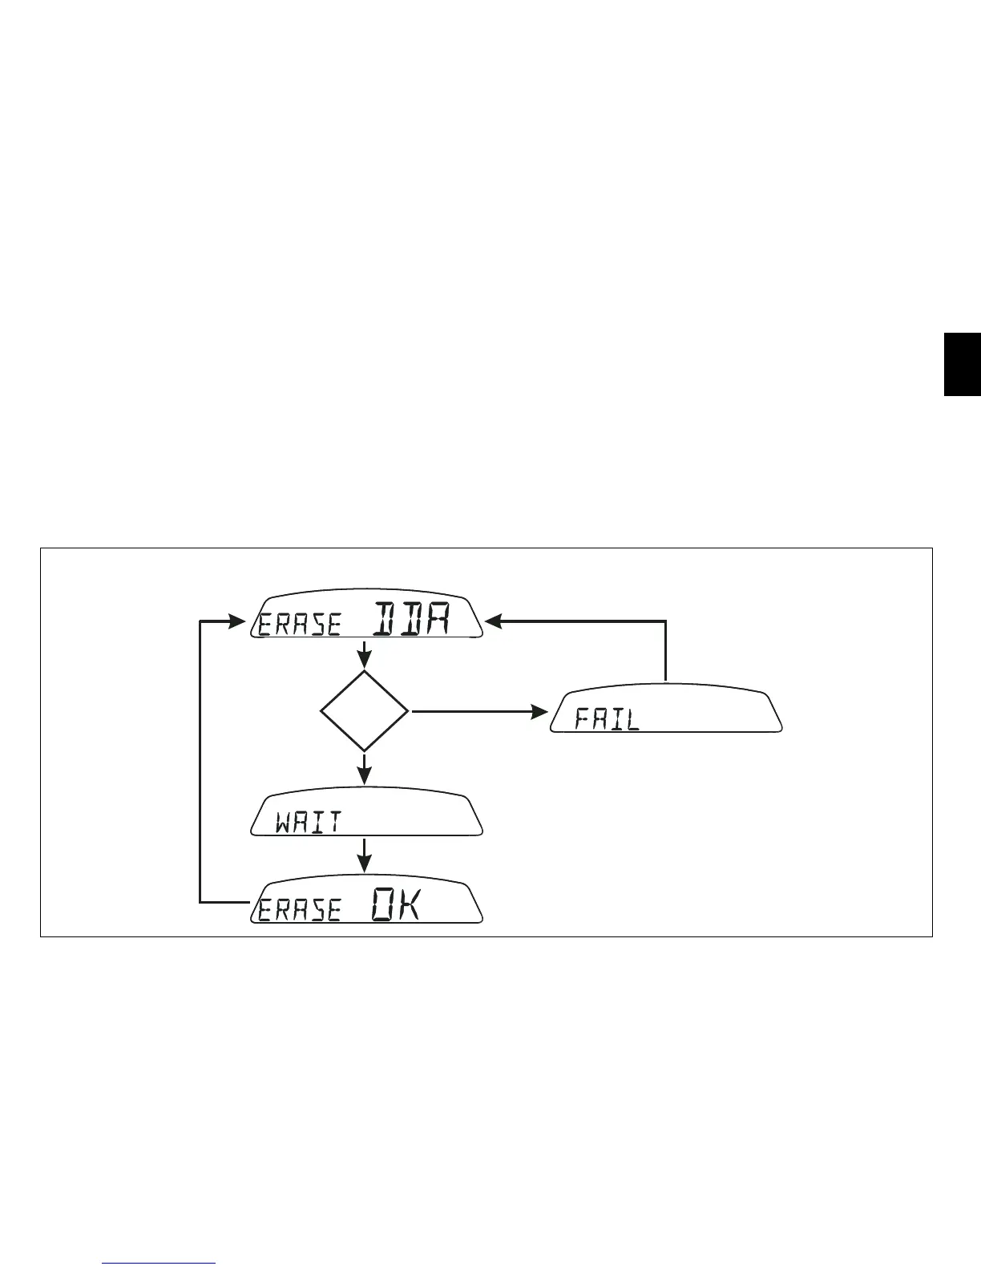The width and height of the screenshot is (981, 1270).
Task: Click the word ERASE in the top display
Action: pos(300,625)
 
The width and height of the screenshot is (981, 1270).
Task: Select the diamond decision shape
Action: pos(365,711)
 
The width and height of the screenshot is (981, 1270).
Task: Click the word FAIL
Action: pos(608,719)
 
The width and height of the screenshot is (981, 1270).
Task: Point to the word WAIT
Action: pos(309,823)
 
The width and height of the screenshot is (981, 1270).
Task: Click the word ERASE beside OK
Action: pos(300,910)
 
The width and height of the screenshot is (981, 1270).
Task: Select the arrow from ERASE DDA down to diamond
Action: pos(365,654)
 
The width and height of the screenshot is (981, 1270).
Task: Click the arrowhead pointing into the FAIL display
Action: pos(540,711)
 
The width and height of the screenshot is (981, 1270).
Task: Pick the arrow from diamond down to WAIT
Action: pos(365,770)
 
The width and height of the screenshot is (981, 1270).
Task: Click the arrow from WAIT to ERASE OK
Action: pos(365,855)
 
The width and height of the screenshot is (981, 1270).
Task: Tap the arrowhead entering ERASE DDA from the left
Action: pos(237,621)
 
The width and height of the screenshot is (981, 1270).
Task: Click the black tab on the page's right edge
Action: pos(962,365)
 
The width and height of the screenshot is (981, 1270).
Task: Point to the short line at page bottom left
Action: pos(159,1264)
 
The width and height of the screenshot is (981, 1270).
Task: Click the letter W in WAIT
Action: pos(285,823)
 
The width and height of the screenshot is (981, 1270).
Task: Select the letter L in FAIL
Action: pos(633,719)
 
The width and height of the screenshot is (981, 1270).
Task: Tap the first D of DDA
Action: pos(385,620)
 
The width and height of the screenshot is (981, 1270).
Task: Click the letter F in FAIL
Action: pos(583,719)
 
